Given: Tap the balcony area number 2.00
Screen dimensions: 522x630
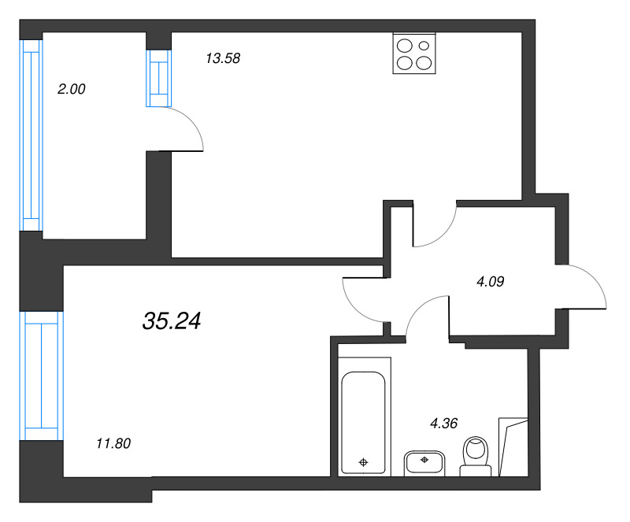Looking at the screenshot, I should point(71,89).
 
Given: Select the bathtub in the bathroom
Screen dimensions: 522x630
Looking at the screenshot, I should point(363,423).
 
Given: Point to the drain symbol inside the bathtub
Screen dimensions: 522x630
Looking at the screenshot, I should point(363,462).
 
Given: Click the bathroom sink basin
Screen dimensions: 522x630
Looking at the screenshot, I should point(425,463).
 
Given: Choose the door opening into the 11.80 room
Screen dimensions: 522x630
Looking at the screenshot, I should point(362,299).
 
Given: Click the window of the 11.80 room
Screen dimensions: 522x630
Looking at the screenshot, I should point(41,376).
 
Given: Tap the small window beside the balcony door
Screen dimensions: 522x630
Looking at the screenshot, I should point(157,77).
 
